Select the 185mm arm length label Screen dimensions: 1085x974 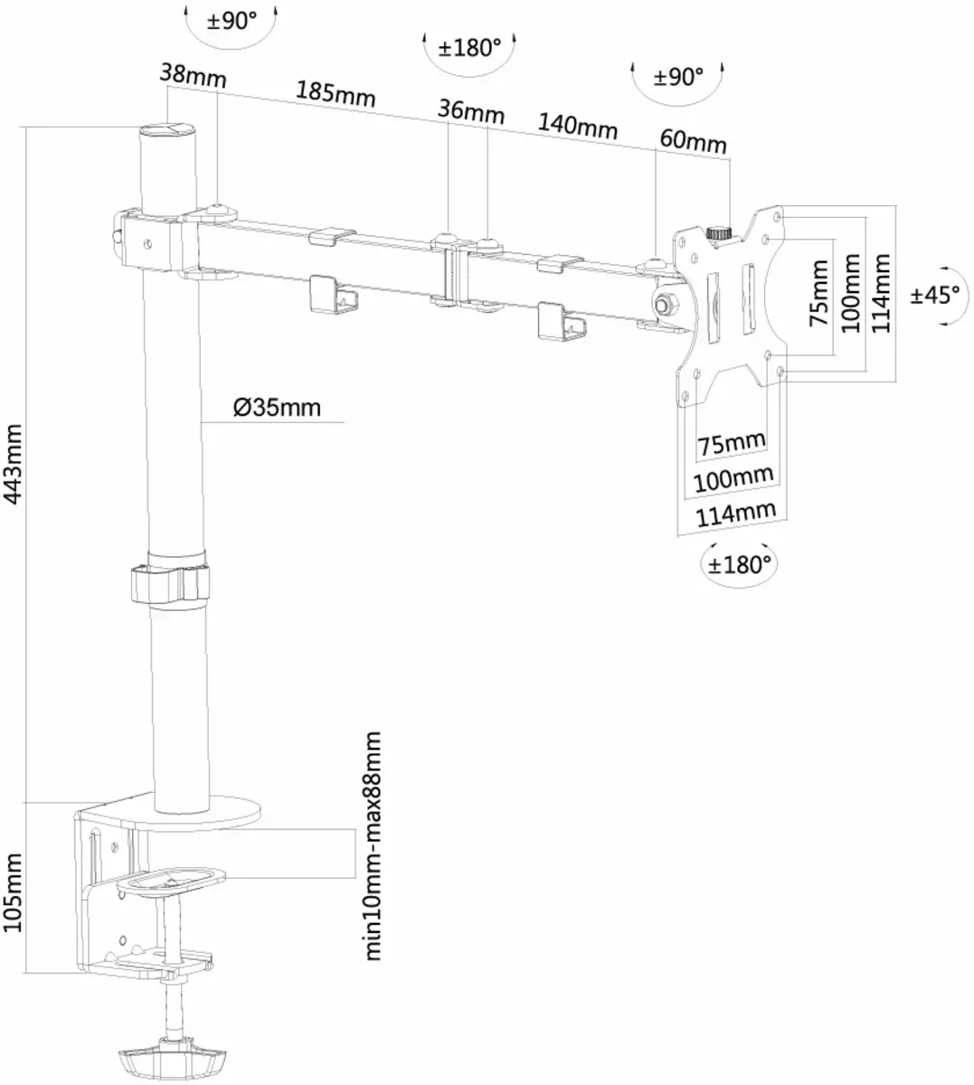(335, 93)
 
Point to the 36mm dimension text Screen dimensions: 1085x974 (470, 111)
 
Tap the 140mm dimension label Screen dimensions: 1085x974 (578, 127)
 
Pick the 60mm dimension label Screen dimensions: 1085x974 (693, 142)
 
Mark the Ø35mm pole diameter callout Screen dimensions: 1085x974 (277, 408)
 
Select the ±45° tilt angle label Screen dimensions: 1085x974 (935, 295)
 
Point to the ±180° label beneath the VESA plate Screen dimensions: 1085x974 (740, 565)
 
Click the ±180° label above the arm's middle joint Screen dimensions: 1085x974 (469, 47)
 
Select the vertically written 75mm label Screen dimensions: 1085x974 (818, 293)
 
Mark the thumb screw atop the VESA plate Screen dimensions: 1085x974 (719, 233)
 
